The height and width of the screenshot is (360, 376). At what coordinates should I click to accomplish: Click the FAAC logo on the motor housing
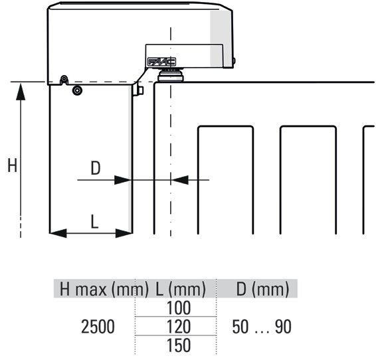[x=161, y=62]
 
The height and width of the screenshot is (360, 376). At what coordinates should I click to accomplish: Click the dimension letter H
[x=12, y=165]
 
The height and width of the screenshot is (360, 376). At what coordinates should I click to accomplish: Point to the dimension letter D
[x=96, y=168]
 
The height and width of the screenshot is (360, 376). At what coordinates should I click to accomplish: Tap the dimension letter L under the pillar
[x=95, y=221]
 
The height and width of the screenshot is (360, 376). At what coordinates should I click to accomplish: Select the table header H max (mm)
[x=104, y=289]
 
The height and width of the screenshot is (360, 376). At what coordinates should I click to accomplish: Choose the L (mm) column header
[x=181, y=289]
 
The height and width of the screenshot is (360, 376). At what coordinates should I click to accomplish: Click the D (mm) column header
[x=262, y=289]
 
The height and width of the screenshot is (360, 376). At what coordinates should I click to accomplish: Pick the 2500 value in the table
[x=98, y=327]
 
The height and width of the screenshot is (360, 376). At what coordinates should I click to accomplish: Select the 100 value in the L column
[x=179, y=308]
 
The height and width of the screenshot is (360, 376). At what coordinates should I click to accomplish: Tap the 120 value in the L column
[x=179, y=327]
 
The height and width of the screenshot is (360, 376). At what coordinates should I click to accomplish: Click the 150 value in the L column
[x=179, y=345]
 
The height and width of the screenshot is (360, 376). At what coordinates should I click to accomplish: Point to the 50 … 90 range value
[x=262, y=327]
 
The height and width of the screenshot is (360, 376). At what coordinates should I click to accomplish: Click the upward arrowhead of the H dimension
[x=21, y=92]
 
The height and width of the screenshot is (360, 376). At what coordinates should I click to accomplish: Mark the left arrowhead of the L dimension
[x=58, y=233]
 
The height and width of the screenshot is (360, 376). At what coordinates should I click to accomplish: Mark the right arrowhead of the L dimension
[x=124, y=233]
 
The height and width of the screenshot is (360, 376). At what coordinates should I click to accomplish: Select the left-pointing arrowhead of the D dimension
[x=180, y=180]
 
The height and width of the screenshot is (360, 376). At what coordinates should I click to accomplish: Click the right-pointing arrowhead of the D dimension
[x=123, y=180]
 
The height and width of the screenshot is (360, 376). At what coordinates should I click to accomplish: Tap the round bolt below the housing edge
[x=77, y=90]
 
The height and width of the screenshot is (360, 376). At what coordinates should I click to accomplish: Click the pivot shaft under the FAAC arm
[x=171, y=75]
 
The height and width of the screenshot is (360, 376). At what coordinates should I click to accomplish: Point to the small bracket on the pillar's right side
[x=139, y=90]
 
